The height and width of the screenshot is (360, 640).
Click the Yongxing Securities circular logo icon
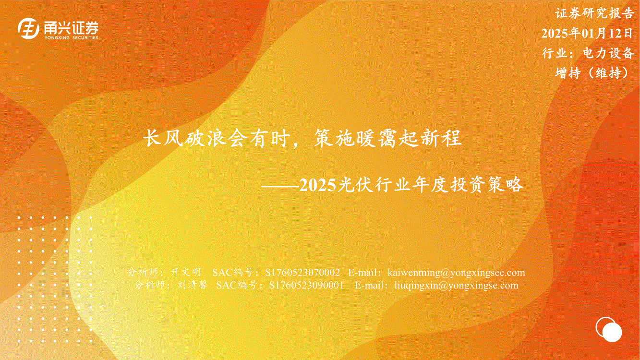click(x=28, y=28)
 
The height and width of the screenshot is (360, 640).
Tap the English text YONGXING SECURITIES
click(x=71, y=38)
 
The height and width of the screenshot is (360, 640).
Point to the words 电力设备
click(x=608, y=53)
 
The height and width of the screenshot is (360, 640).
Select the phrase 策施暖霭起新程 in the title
click(x=387, y=138)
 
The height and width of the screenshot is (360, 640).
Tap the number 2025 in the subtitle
click(x=317, y=185)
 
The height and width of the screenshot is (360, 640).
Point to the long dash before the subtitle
click(x=280, y=186)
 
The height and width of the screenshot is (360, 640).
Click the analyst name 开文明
click(x=186, y=272)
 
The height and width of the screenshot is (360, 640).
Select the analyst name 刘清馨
click(x=192, y=285)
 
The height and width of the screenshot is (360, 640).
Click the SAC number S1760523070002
click(x=302, y=272)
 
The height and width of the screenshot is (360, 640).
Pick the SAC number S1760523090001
click(x=306, y=285)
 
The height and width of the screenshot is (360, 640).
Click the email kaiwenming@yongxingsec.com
click(x=456, y=273)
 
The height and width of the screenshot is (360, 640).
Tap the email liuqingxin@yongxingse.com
click(x=456, y=286)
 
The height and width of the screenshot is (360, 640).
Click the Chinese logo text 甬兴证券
click(x=71, y=28)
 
